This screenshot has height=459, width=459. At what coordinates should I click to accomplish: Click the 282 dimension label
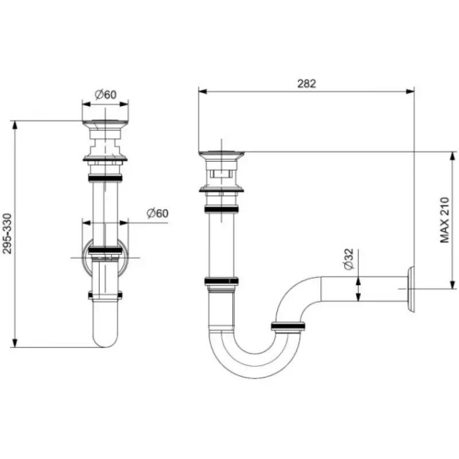point(306,84)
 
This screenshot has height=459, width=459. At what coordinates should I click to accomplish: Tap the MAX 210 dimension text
point(444,220)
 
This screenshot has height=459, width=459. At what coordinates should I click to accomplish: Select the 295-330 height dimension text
point(7,234)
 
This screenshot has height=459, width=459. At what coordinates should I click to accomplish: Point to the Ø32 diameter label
point(349,259)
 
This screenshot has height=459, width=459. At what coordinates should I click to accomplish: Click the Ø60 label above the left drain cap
point(106,95)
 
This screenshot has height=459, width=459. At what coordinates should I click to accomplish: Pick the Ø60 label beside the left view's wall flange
point(157,213)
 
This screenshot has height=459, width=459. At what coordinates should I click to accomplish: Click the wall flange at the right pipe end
point(410,289)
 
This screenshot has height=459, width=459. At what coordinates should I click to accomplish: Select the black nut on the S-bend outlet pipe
point(288,326)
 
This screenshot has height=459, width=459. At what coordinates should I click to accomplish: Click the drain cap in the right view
point(221,154)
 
